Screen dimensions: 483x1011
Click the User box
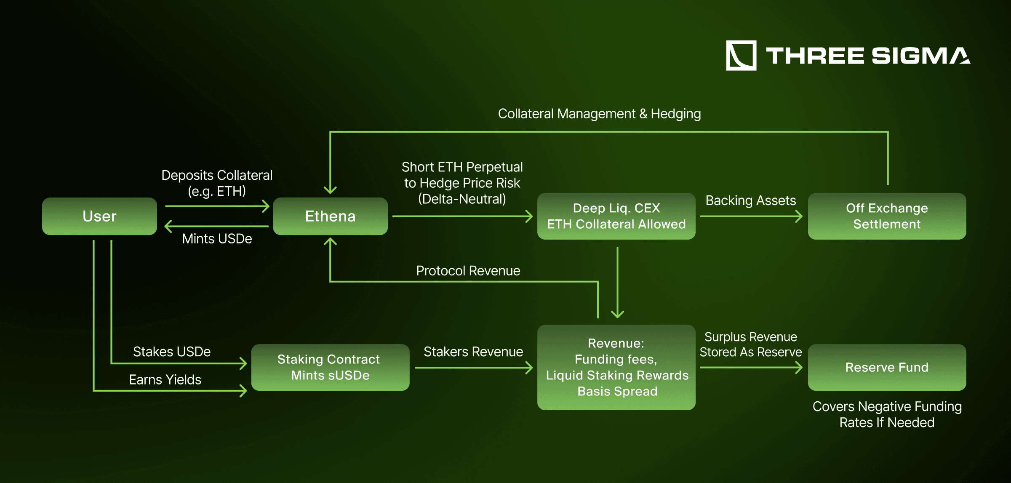pos(99,216)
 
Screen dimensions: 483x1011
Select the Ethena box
pos(330,216)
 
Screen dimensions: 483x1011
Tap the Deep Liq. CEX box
pos(616,216)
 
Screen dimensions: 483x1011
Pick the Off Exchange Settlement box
pos(887,216)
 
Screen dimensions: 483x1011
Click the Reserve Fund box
pos(887,367)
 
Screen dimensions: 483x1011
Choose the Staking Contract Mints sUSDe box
pos(330,367)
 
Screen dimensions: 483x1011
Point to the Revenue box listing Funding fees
pos(616,367)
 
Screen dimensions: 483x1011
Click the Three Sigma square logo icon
pos(741,56)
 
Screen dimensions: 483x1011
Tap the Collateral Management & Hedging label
pos(599,114)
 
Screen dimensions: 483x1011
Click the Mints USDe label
pos(217,239)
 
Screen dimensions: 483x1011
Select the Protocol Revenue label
pos(468,271)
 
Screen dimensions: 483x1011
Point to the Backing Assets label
pos(750,200)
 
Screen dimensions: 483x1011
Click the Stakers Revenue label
pos(473,352)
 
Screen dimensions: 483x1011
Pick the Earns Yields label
pos(165,380)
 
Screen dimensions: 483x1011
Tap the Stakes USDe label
pos(172,352)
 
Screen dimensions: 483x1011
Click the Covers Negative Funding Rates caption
pos(887,414)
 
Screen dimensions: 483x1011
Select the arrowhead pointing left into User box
pos(168,226)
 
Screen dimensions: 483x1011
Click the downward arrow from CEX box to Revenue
pos(617,282)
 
